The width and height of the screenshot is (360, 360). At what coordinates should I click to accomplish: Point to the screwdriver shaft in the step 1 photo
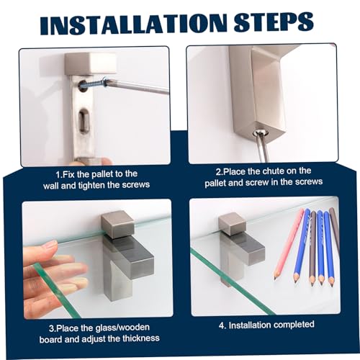point(135,86)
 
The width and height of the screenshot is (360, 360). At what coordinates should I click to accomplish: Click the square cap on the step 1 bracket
point(91,63)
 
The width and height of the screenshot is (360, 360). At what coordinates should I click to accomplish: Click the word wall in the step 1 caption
point(51,186)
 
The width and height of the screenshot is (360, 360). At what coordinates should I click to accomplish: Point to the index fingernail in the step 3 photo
point(51,245)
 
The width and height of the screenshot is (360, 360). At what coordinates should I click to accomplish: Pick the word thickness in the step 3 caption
point(141,338)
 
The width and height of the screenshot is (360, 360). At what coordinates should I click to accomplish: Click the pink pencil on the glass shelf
point(289,243)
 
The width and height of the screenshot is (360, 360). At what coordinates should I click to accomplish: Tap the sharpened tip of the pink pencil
point(275,277)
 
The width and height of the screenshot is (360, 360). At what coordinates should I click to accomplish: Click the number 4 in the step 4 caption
point(222,325)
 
